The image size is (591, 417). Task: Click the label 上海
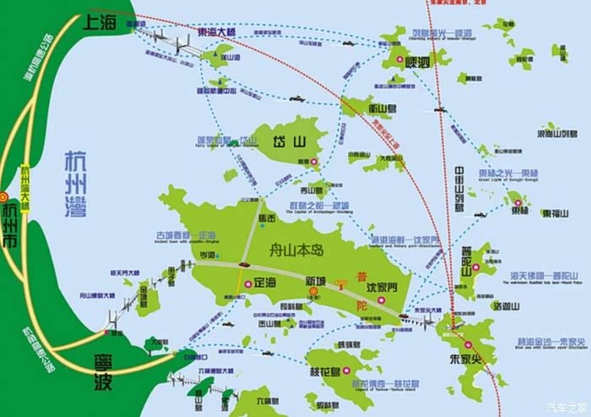[x=100, y=25]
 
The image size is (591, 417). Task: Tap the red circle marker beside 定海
[x=247, y=284]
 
